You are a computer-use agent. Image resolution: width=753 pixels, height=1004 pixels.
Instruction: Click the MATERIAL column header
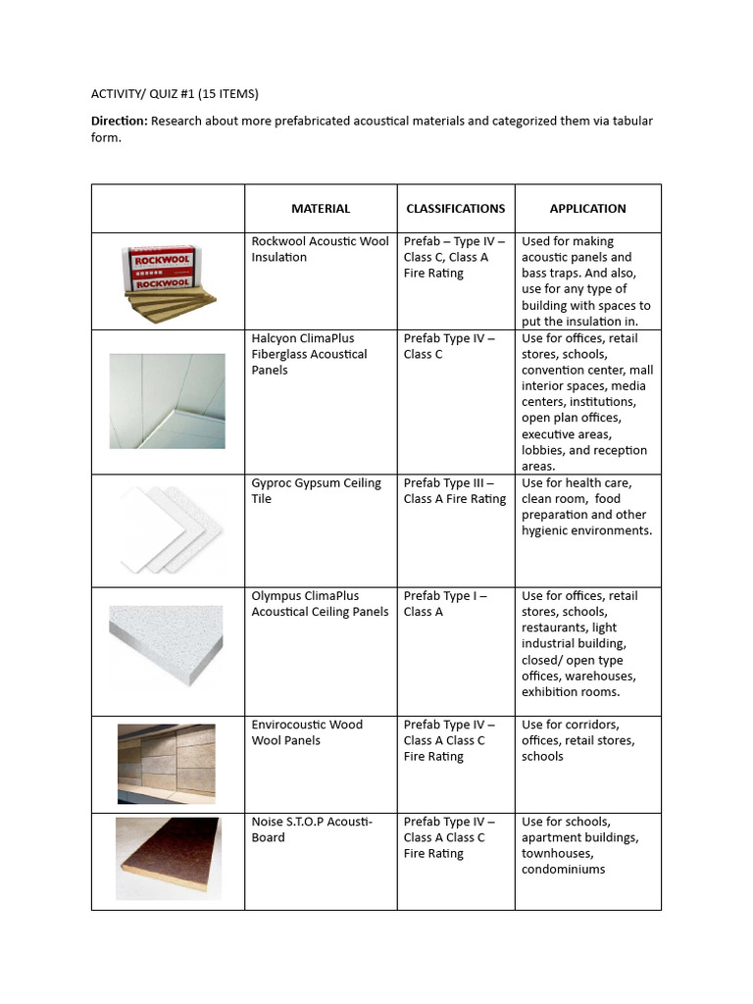pyautogui.click(x=320, y=208)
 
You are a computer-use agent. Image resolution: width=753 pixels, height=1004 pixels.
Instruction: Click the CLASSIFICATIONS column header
pyautogui.click(x=456, y=208)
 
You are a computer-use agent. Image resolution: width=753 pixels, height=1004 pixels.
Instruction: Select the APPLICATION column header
pyautogui.click(x=587, y=208)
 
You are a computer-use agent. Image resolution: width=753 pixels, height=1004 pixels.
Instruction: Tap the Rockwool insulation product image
pyautogui.click(x=168, y=281)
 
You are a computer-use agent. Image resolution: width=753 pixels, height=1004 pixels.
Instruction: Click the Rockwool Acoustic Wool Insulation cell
pyautogui.click(x=320, y=249)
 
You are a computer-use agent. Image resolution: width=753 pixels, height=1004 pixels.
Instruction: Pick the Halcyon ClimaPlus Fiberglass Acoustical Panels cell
pyautogui.click(x=309, y=354)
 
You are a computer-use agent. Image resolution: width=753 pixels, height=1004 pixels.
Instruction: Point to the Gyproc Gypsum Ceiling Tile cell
pyautogui.click(x=316, y=490)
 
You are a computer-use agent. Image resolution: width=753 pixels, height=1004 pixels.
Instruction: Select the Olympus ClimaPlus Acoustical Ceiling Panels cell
pyautogui.click(x=320, y=603)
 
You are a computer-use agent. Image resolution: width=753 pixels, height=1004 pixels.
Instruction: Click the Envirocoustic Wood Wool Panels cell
pyautogui.click(x=307, y=732)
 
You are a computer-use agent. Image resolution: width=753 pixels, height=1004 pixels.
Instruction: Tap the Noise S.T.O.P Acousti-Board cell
pyautogui.click(x=312, y=829)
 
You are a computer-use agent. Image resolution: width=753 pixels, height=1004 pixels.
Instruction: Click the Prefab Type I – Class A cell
pyautogui.click(x=445, y=603)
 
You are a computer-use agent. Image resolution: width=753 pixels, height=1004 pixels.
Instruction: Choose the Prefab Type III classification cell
pyautogui.click(x=455, y=490)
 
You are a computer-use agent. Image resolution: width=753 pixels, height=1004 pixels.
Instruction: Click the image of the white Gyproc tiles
pyautogui.click(x=168, y=530)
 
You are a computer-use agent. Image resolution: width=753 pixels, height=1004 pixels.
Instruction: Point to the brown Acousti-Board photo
pyautogui.click(x=168, y=858)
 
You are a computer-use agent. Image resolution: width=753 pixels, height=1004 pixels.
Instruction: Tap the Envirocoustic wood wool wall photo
pyautogui.click(x=168, y=764)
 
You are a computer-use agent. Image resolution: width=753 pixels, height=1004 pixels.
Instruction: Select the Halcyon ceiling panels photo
pyautogui.click(x=168, y=401)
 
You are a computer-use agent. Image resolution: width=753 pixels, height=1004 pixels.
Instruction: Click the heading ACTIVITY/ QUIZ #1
pyautogui.click(x=176, y=94)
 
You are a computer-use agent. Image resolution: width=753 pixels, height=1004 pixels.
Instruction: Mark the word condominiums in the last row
pyautogui.click(x=563, y=869)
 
